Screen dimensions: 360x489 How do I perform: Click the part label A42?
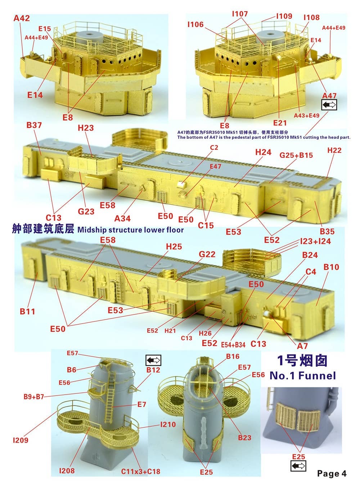[22, 18]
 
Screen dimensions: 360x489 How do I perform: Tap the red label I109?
[284, 16]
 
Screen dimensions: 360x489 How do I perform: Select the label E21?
[280, 123]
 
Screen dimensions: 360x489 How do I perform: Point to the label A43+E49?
[307, 115]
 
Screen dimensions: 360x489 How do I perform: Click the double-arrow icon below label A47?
[329, 105]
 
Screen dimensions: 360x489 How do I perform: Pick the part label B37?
[34, 125]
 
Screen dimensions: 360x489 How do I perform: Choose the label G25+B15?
[296, 155]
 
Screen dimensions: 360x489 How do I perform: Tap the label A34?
[122, 218]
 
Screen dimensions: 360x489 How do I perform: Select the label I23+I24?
[315, 241]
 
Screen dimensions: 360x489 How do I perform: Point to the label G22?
[207, 254]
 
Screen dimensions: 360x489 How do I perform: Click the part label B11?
[27, 311]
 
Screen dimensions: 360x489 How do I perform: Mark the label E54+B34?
[233, 345]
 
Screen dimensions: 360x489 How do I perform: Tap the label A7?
[302, 346]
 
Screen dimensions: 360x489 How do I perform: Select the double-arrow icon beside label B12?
[153, 360]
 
